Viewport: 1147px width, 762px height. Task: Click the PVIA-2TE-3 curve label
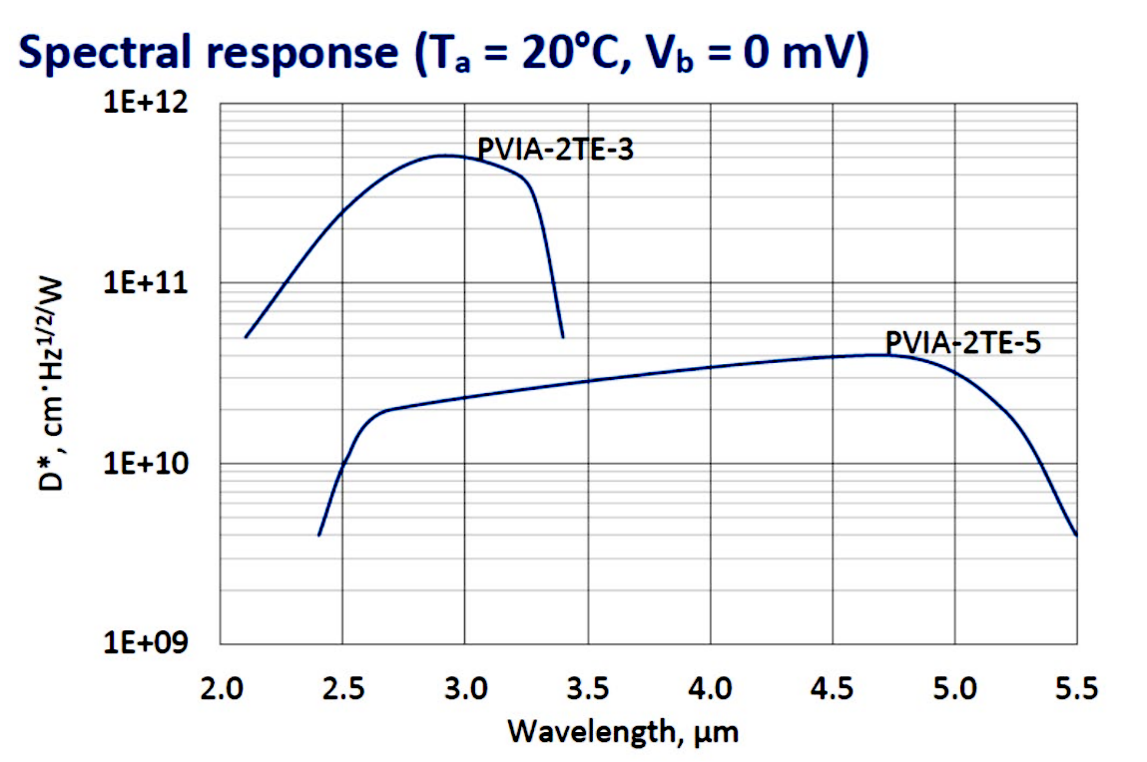pos(556,150)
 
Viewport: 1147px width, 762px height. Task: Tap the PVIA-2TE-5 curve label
pos(964,343)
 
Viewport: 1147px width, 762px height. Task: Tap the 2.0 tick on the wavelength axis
pos(221,688)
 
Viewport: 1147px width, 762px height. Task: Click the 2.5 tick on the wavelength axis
pos(342,688)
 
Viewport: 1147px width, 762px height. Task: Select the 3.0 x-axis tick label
pos(465,688)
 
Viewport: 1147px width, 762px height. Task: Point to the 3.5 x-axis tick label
pos(587,688)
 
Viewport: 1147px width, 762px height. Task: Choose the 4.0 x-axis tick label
pos(710,688)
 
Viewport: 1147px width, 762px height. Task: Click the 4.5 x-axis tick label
pos(833,688)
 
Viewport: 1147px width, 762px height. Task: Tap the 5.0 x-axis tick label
pos(954,688)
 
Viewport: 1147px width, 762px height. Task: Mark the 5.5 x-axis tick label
pos(1076,688)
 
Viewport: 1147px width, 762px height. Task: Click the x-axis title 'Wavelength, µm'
pos(623,733)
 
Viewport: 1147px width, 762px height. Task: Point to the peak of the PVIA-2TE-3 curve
pos(443,156)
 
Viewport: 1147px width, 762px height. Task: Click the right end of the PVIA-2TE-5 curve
pos(1076,535)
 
